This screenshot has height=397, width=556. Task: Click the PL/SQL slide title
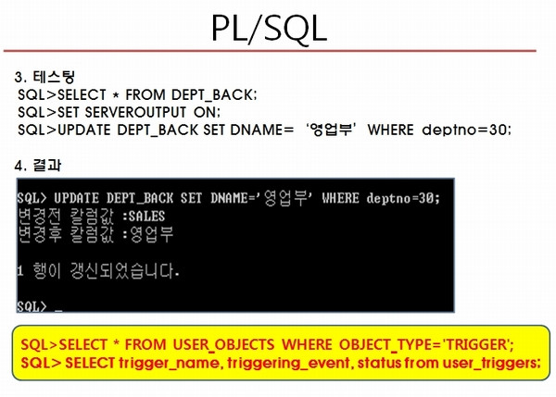click(x=269, y=29)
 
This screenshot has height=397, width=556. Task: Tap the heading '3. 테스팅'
click(x=45, y=77)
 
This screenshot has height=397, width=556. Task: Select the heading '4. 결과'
click(x=38, y=165)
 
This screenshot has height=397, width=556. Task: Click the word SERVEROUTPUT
click(x=135, y=112)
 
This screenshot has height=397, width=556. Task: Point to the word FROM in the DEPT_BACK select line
click(x=145, y=95)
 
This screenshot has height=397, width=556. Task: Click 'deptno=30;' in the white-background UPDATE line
click(x=467, y=130)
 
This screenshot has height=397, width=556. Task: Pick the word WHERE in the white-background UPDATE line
click(x=390, y=130)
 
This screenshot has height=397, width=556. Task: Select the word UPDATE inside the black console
click(x=77, y=198)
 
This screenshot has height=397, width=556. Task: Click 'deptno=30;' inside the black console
click(x=403, y=198)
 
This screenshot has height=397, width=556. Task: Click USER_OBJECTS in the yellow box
click(x=223, y=344)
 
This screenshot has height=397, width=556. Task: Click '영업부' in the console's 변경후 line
click(x=152, y=234)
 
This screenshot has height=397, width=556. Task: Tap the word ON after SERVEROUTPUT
click(x=207, y=112)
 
